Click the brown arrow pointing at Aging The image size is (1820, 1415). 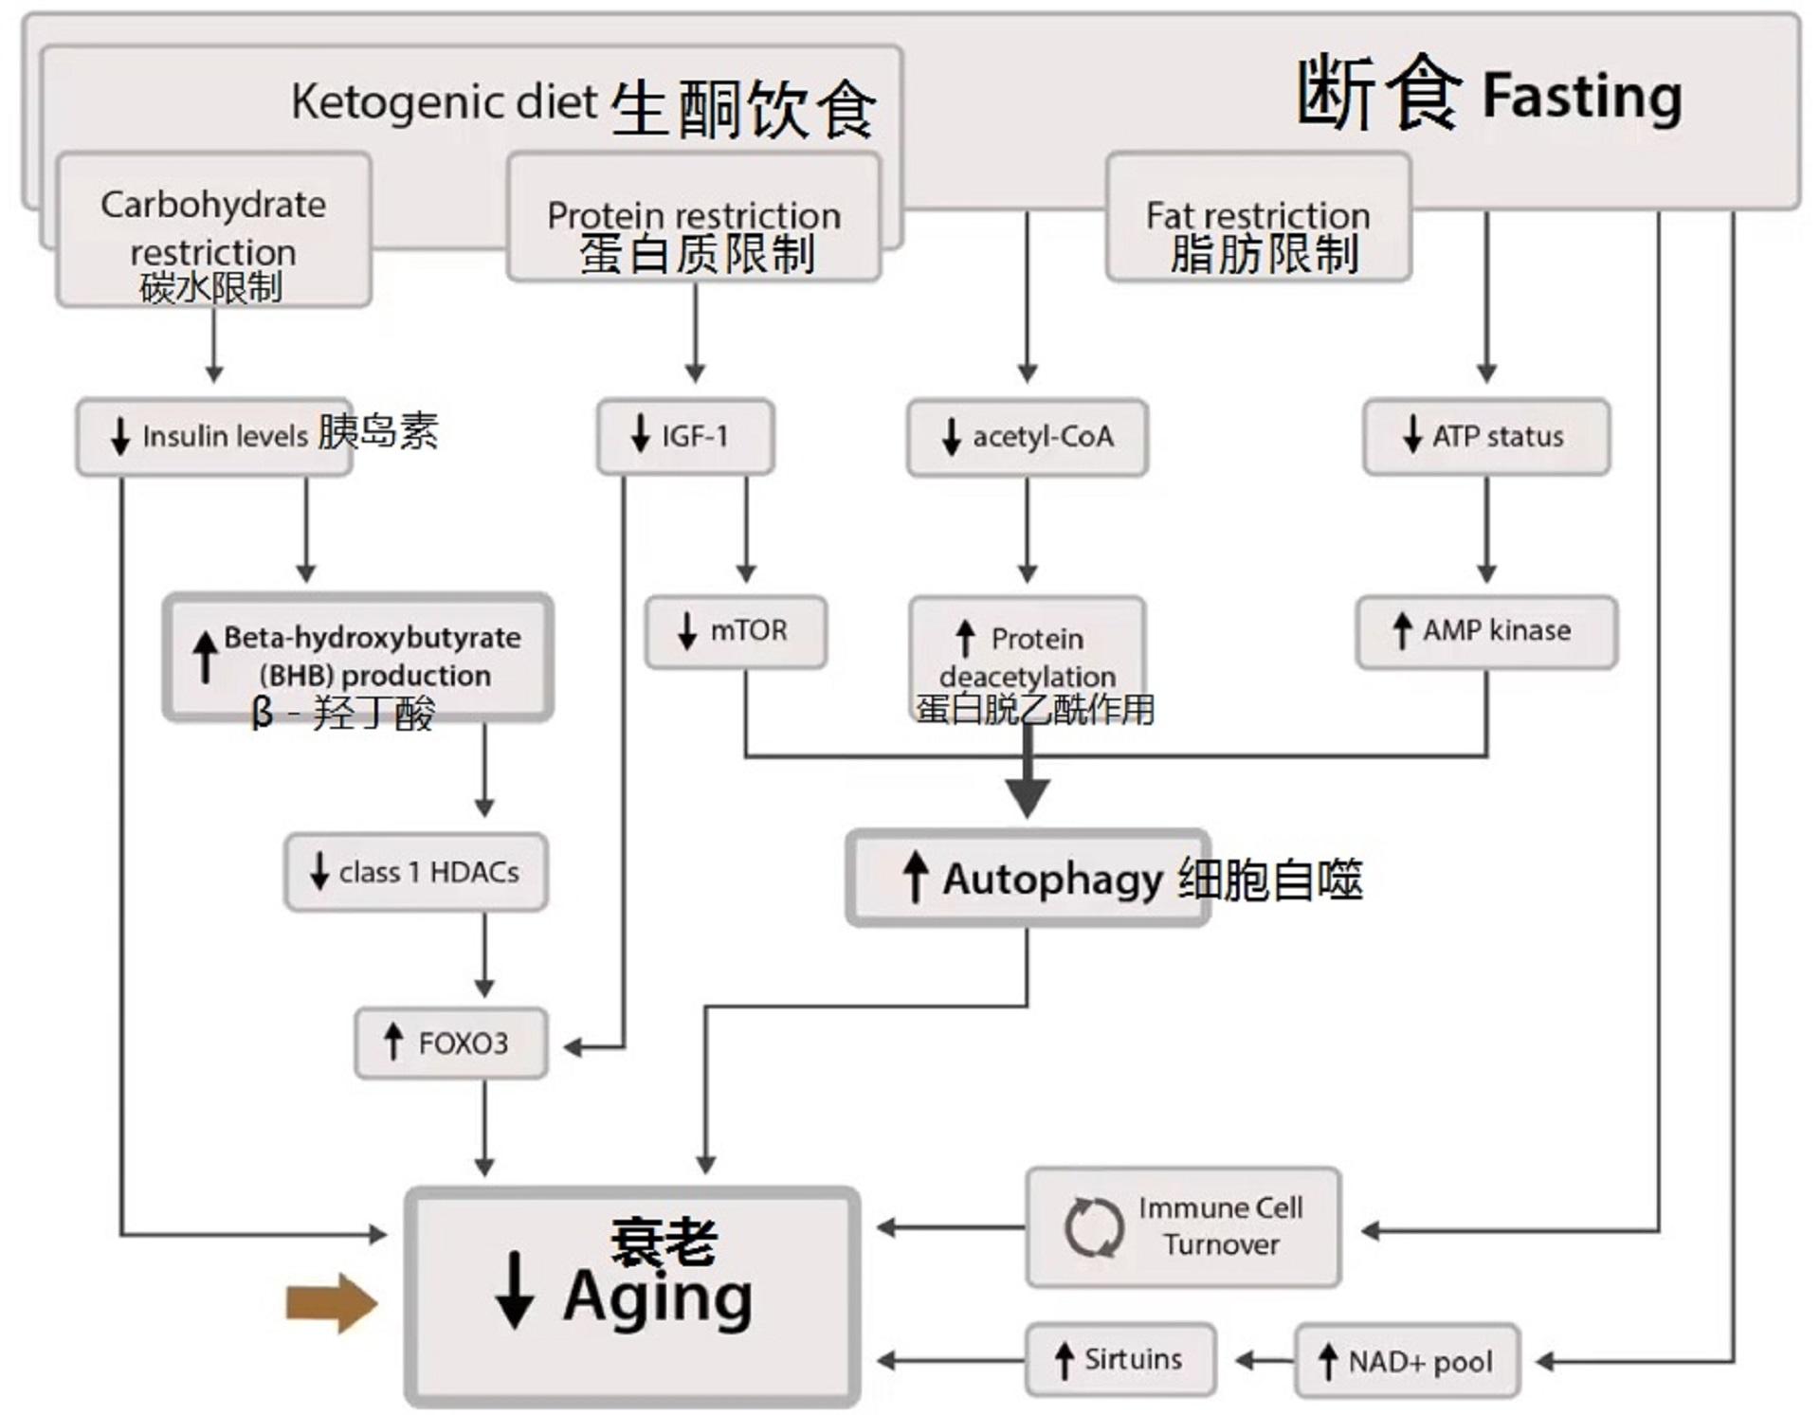click(x=331, y=1304)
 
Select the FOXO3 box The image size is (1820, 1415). click(x=451, y=1043)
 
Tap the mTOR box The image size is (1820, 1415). click(x=736, y=631)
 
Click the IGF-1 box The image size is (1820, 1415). click(x=685, y=437)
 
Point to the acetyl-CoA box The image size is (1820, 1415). click(x=1028, y=437)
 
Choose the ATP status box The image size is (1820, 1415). click(x=1486, y=437)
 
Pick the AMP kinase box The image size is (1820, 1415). click(x=1486, y=631)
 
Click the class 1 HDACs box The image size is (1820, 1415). click(x=416, y=872)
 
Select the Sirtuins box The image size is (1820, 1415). click(x=1120, y=1360)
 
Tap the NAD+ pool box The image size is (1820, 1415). click(x=1408, y=1362)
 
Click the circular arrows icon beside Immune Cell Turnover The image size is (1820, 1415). click(x=1093, y=1227)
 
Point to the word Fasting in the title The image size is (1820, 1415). click(x=1581, y=97)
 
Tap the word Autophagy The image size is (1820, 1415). click(x=1052, y=879)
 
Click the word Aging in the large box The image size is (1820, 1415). click(x=658, y=1297)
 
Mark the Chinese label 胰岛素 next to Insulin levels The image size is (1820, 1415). click(x=377, y=432)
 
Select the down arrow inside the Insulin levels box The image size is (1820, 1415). click(x=120, y=436)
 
